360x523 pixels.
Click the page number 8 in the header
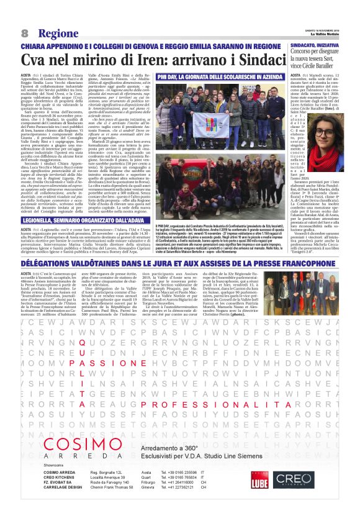24,32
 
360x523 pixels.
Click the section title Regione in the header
56,32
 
